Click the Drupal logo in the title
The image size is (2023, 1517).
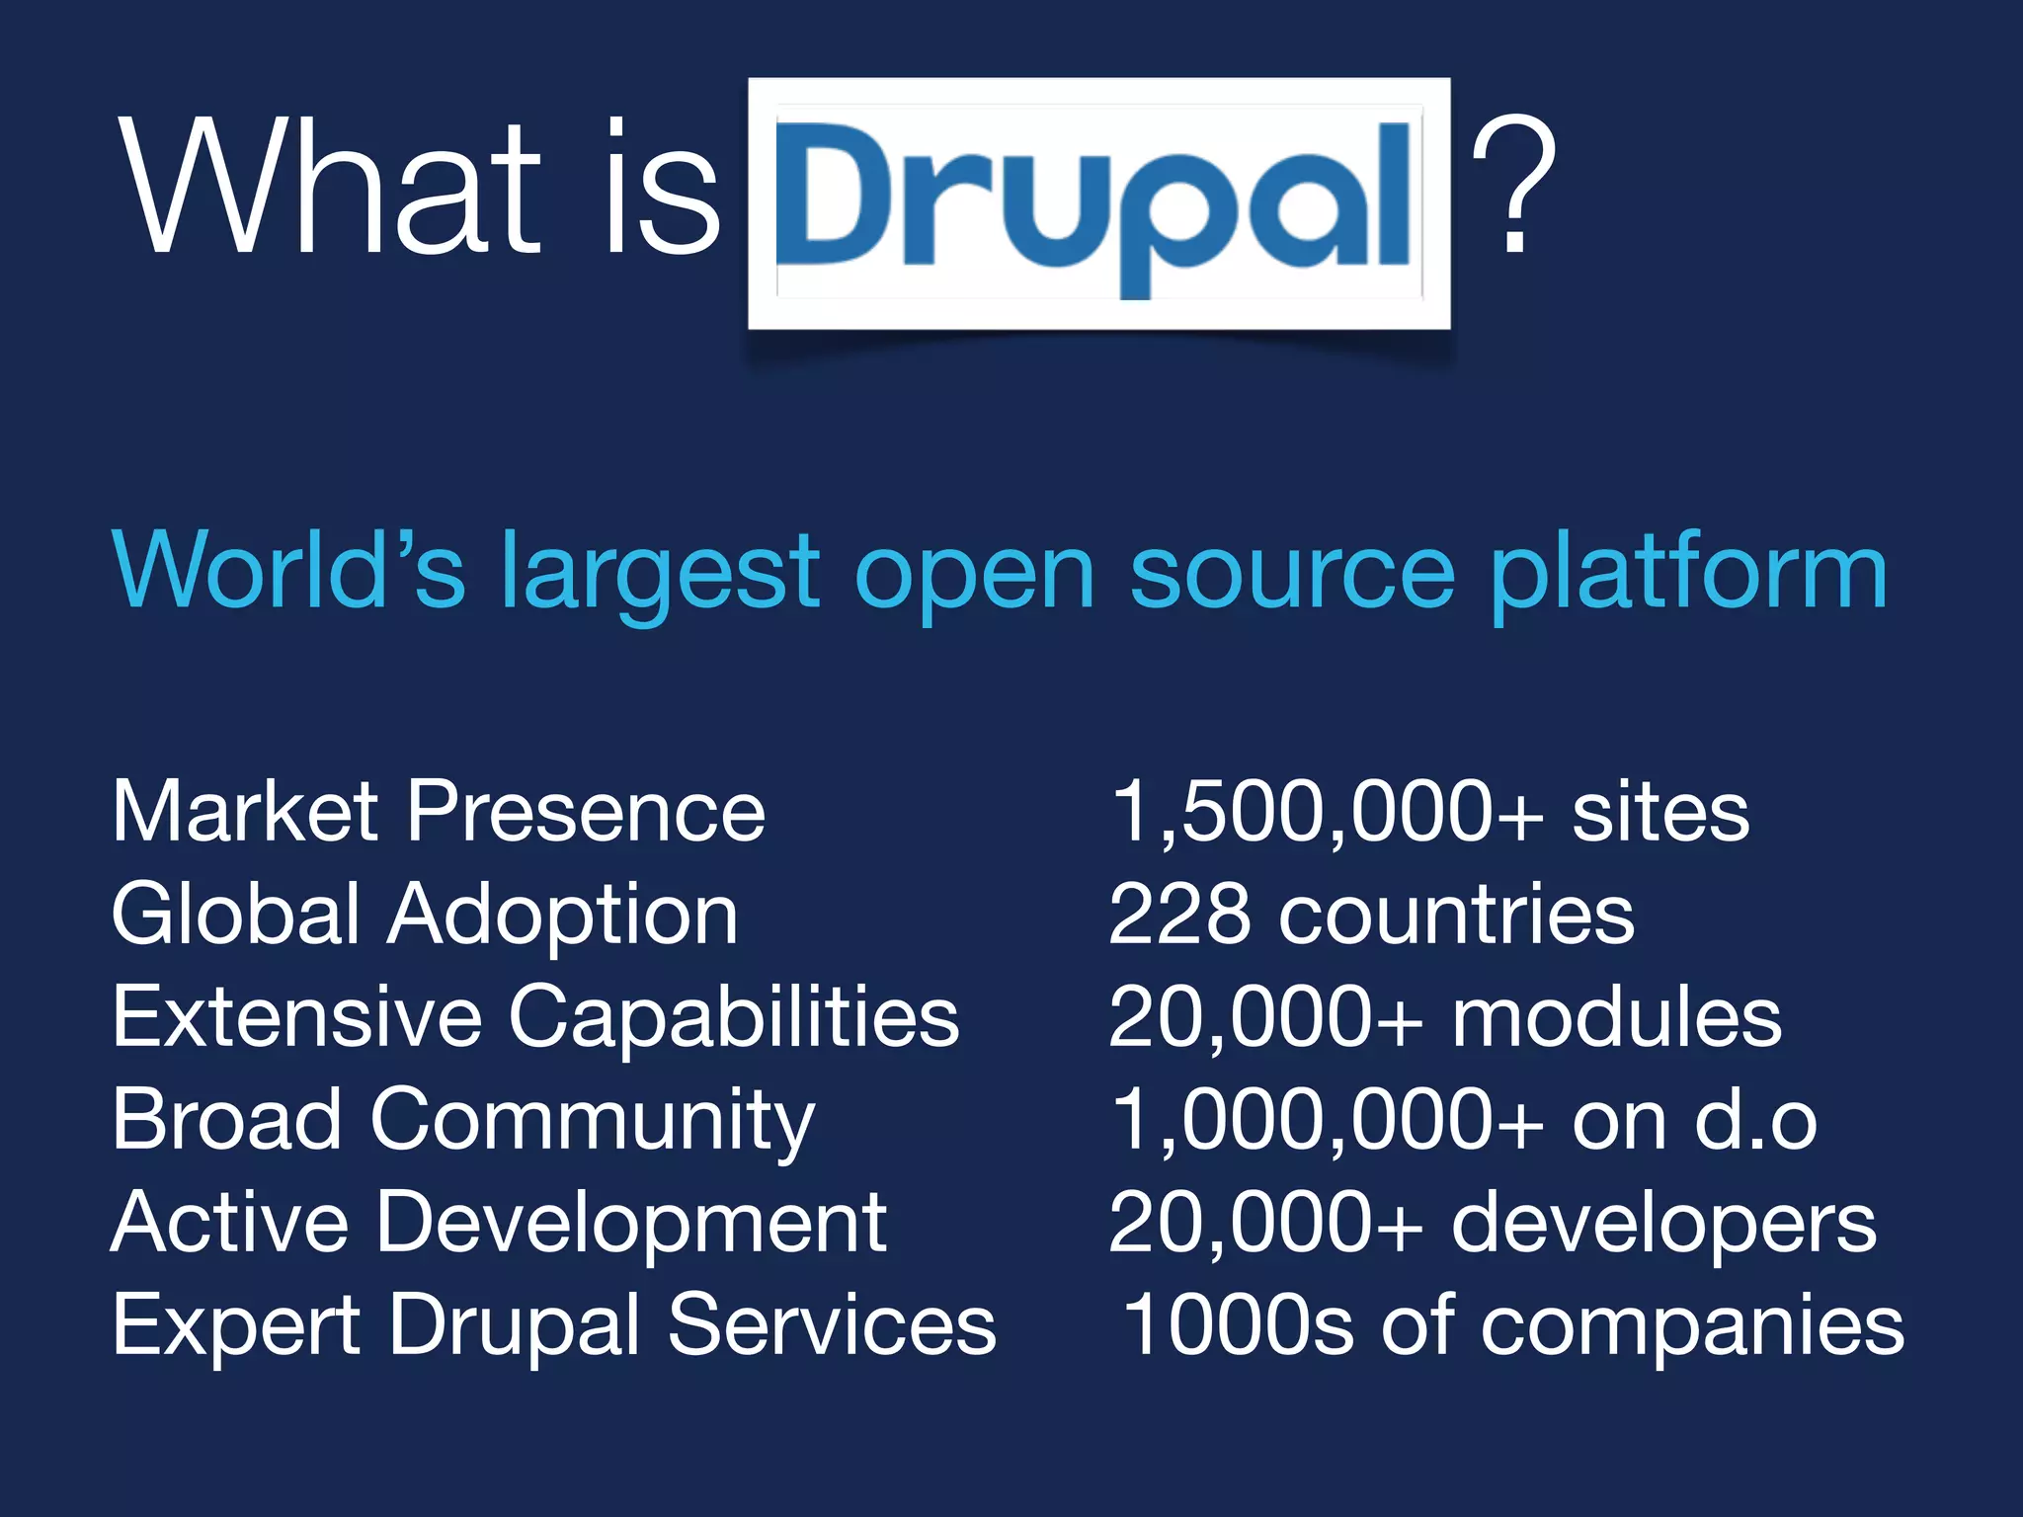point(1098,202)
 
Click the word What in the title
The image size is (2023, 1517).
point(331,188)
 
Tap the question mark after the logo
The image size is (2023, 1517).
point(1513,186)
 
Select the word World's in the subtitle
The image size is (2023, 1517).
point(287,570)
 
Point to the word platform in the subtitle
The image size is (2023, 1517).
point(1688,573)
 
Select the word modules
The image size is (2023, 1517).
point(1617,1018)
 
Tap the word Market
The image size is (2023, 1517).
point(245,813)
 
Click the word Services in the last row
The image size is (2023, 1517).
point(832,1326)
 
